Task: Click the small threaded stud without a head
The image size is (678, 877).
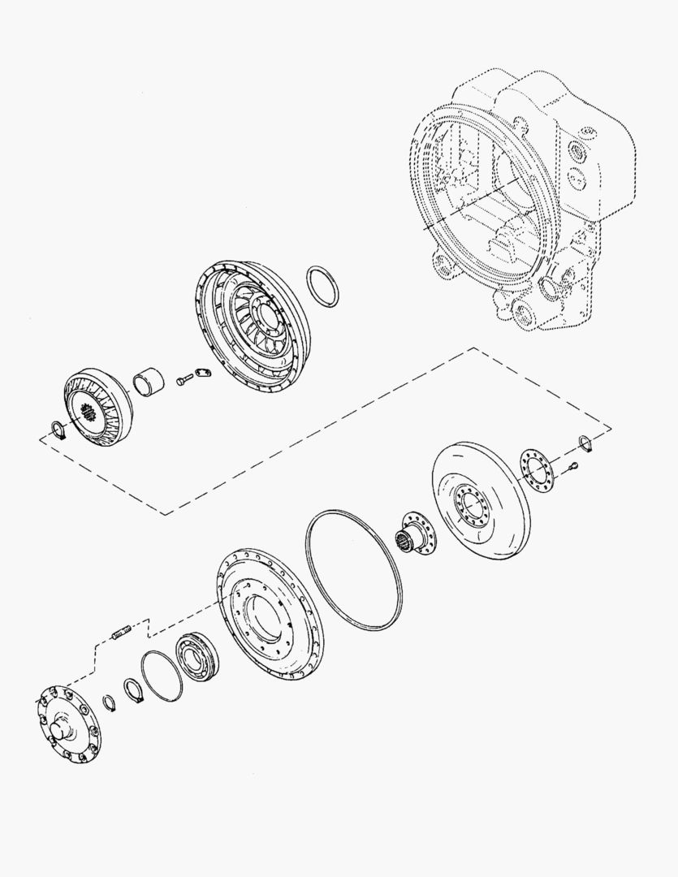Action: [121, 630]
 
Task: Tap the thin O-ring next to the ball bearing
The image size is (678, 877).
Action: [162, 676]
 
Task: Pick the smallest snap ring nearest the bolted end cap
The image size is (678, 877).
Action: [109, 701]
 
